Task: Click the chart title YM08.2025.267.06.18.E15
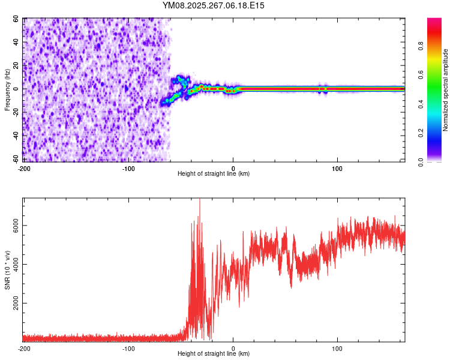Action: pyautogui.click(x=214, y=5)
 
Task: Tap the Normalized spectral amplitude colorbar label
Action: pyautogui.click(x=446, y=90)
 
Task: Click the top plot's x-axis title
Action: pyautogui.click(x=214, y=173)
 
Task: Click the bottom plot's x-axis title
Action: pyautogui.click(x=214, y=354)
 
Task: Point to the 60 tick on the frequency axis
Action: pyautogui.click(x=16, y=19)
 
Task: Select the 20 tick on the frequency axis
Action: pyautogui.click(x=16, y=65)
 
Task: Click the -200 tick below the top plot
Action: pyautogui.click(x=24, y=167)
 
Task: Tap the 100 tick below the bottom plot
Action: pyautogui.click(x=337, y=348)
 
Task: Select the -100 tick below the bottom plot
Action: pyautogui.click(x=128, y=348)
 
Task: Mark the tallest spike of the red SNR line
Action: pyautogui.click(x=200, y=200)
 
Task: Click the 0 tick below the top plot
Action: pyautogui.click(x=233, y=167)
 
